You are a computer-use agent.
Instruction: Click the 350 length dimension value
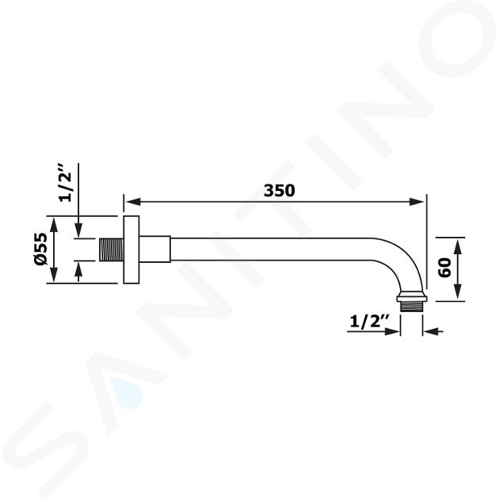[x=280, y=191]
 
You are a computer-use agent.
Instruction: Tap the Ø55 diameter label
[x=41, y=249]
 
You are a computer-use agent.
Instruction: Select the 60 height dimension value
[x=444, y=268]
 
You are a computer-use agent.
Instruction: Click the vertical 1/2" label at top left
[x=65, y=183]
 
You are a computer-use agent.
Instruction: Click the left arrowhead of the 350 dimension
[x=133, y=202]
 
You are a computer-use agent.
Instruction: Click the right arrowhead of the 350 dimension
[x=417, y=202]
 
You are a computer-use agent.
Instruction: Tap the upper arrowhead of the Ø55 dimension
[x=54, y=224]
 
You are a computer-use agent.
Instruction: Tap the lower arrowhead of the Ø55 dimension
[x=54, y=275]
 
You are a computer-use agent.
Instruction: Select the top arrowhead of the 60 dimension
[x=458, y=246]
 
